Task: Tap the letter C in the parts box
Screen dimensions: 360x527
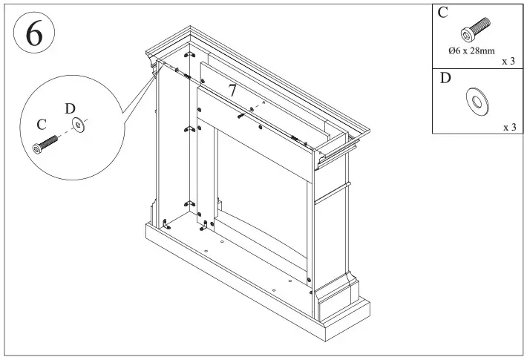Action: [x=443, y=13]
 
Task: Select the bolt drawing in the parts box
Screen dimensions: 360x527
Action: [x=474, y=30]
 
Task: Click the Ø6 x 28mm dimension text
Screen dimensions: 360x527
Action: [x=471, y=51]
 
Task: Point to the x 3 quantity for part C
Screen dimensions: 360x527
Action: [x=508, y=62]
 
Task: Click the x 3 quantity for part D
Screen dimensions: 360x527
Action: [x=509, y=127]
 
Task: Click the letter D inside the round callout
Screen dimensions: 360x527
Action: [x=70, y=109]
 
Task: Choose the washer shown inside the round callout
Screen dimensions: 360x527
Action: [x=79, y=126]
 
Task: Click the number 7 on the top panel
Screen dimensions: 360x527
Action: [x=232, y=91]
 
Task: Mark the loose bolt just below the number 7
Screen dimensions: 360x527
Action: [x=242, y=114]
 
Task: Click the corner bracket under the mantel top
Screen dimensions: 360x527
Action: [x=190, y=58]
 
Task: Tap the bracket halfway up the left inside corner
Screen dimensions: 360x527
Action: [x=189, y=130]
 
